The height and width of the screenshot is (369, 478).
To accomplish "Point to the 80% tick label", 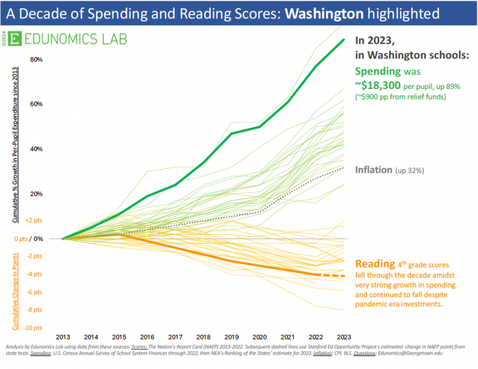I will (x=36, y=60).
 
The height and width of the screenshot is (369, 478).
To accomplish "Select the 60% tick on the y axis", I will (x=36, y=104).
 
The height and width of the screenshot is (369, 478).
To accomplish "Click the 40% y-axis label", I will (x=36, y=149).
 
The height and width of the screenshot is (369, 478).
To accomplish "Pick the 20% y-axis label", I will (x=36, y=194).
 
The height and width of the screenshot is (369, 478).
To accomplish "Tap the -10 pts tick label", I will (x=33, y=328).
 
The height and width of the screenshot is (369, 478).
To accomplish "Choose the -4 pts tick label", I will (x=34, y=274).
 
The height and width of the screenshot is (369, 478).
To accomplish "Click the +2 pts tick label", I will (x=34, y=221).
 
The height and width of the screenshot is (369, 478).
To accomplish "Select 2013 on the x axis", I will (x=62, y=338).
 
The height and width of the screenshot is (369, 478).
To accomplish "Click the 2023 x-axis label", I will (x=344, y=338).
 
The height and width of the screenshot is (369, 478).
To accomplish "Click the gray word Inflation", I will (x=374, y=170).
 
